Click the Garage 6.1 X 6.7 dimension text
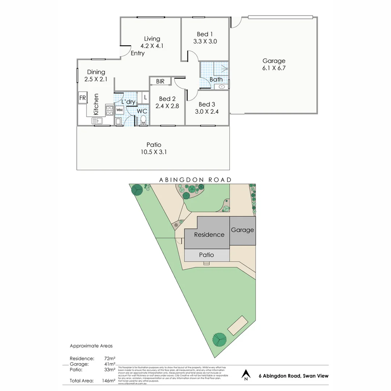click(274, 68)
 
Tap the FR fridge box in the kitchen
click(82, 98)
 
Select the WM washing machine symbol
click(119, 109)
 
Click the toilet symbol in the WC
click(143, 119)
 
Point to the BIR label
click(160, 81)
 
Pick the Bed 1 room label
click(205, 34)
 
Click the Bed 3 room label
click(207, 105)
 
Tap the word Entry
click(138, 53)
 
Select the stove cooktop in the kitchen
click(109, 110)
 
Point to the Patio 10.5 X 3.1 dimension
click(154, 152)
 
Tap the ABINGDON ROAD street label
click(195, 180)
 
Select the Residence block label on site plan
click(209, 235)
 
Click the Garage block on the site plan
click(243, 230)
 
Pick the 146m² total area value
click(109, 381)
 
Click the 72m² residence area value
click(110, 358)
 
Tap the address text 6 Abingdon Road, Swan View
click(294, 376)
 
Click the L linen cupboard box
click(145, 97)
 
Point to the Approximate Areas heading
click(91, 346)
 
